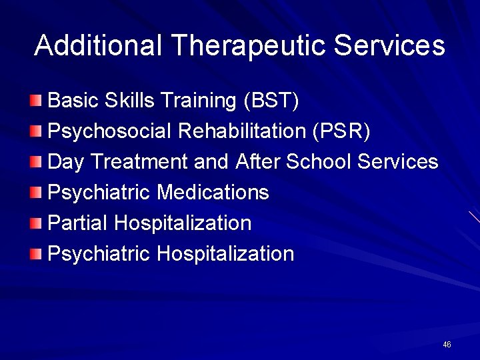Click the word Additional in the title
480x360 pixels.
(x=99, y=45)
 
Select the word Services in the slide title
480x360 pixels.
(x=389, y=45)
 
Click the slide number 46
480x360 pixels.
(x=447, y=345)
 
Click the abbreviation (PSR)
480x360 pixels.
(x=341, y=131)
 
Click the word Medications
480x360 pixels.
(x=213, y=193)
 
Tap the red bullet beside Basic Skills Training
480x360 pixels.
(x=37, y=101)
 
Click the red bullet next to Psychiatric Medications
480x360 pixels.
(x=37, y=193)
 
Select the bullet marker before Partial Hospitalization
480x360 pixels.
(x=37, y=223)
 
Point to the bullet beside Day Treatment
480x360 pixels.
(x=37, y=162)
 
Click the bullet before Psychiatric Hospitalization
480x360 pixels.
(x=37, y=254)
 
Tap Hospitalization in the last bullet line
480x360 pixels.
(x=225, y=254)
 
